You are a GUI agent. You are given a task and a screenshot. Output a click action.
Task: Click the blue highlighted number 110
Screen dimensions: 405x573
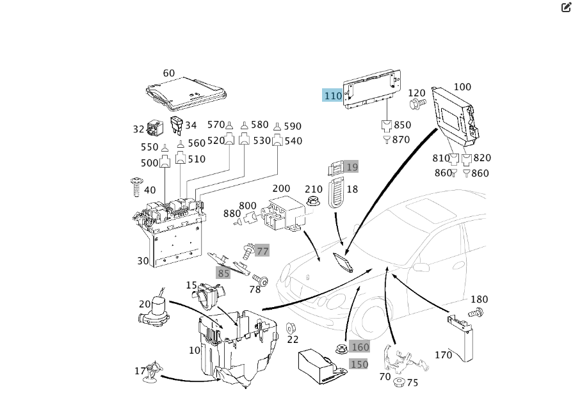pyautogui.click(x=332, y=96)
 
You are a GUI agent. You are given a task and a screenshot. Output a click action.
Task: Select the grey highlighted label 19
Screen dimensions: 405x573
pyautogui.click(x=352, y=167)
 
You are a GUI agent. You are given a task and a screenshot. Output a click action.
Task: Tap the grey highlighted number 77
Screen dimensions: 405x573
pyautogui.click(x=262, y=251)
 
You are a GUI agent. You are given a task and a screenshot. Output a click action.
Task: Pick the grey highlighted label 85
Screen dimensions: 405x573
pyautogui.click(x=223, y=273)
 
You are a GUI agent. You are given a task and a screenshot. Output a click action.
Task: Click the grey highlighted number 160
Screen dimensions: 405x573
pyautogui.click(x=360, y=347)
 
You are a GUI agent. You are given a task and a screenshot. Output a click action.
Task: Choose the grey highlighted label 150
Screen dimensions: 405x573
pyautogui.click(x=359, y=364)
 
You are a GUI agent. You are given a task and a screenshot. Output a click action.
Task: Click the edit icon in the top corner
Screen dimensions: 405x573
pyautogui.click(x=566, y=8)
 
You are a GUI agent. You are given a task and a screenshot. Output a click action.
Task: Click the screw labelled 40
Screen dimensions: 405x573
pyautogui.click(x=136, y=187)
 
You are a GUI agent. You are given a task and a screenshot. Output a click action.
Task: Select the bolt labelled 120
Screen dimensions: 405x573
pyautogui.click(x=417, y=104)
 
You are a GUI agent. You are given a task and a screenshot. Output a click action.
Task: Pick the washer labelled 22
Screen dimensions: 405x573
pyautogui.click(x=291, y=328)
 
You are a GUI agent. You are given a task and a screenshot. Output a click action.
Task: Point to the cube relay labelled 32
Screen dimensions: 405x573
pyautogui.click(x=155, y=128)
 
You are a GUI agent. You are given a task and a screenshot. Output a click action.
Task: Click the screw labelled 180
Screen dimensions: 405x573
pyautogui.click(x=476, y=314)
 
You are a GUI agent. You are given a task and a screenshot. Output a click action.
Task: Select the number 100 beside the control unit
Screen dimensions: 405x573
pyautogui.click(x=462, y=87)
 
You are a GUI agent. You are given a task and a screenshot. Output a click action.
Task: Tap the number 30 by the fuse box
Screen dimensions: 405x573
pyautogui.click(x=142, y=261)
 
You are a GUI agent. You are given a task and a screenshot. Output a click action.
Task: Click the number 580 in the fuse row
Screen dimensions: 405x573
pyautogui.click(x=260, y=125)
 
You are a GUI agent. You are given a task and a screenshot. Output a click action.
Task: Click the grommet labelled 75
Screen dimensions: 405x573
pyautogui.click(x=399, y=383)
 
